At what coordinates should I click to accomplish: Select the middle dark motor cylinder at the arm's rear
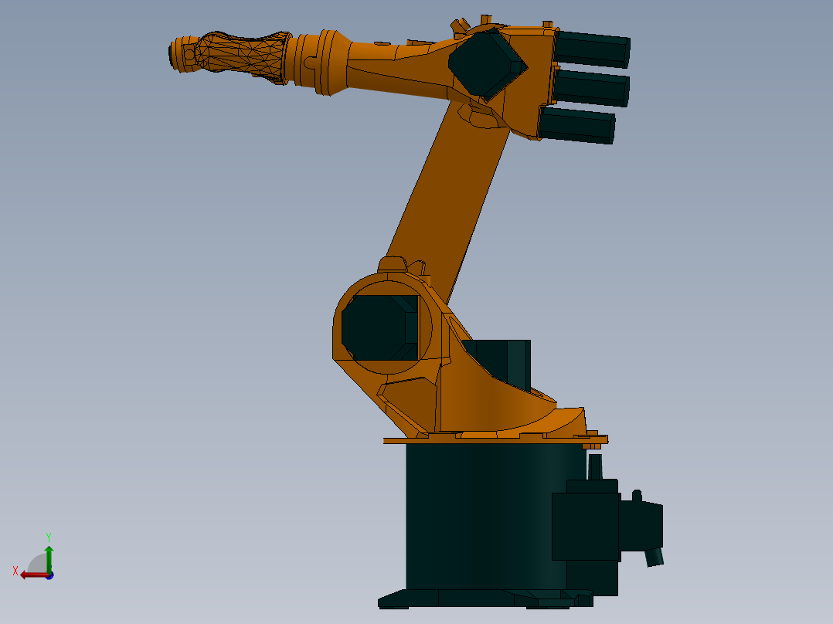592,88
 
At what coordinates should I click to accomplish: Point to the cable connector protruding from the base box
655,557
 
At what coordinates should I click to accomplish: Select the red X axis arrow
32,575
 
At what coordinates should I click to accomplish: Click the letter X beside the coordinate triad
15,571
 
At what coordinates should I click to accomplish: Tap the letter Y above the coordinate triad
49,536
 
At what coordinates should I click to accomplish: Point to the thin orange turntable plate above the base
495,440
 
